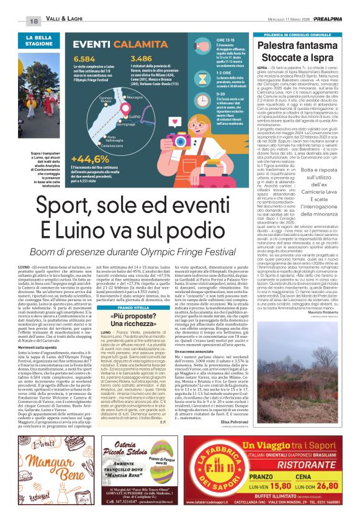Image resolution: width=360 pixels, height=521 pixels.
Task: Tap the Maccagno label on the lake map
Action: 135,97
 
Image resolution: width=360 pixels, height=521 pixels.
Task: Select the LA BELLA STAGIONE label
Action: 43,41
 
